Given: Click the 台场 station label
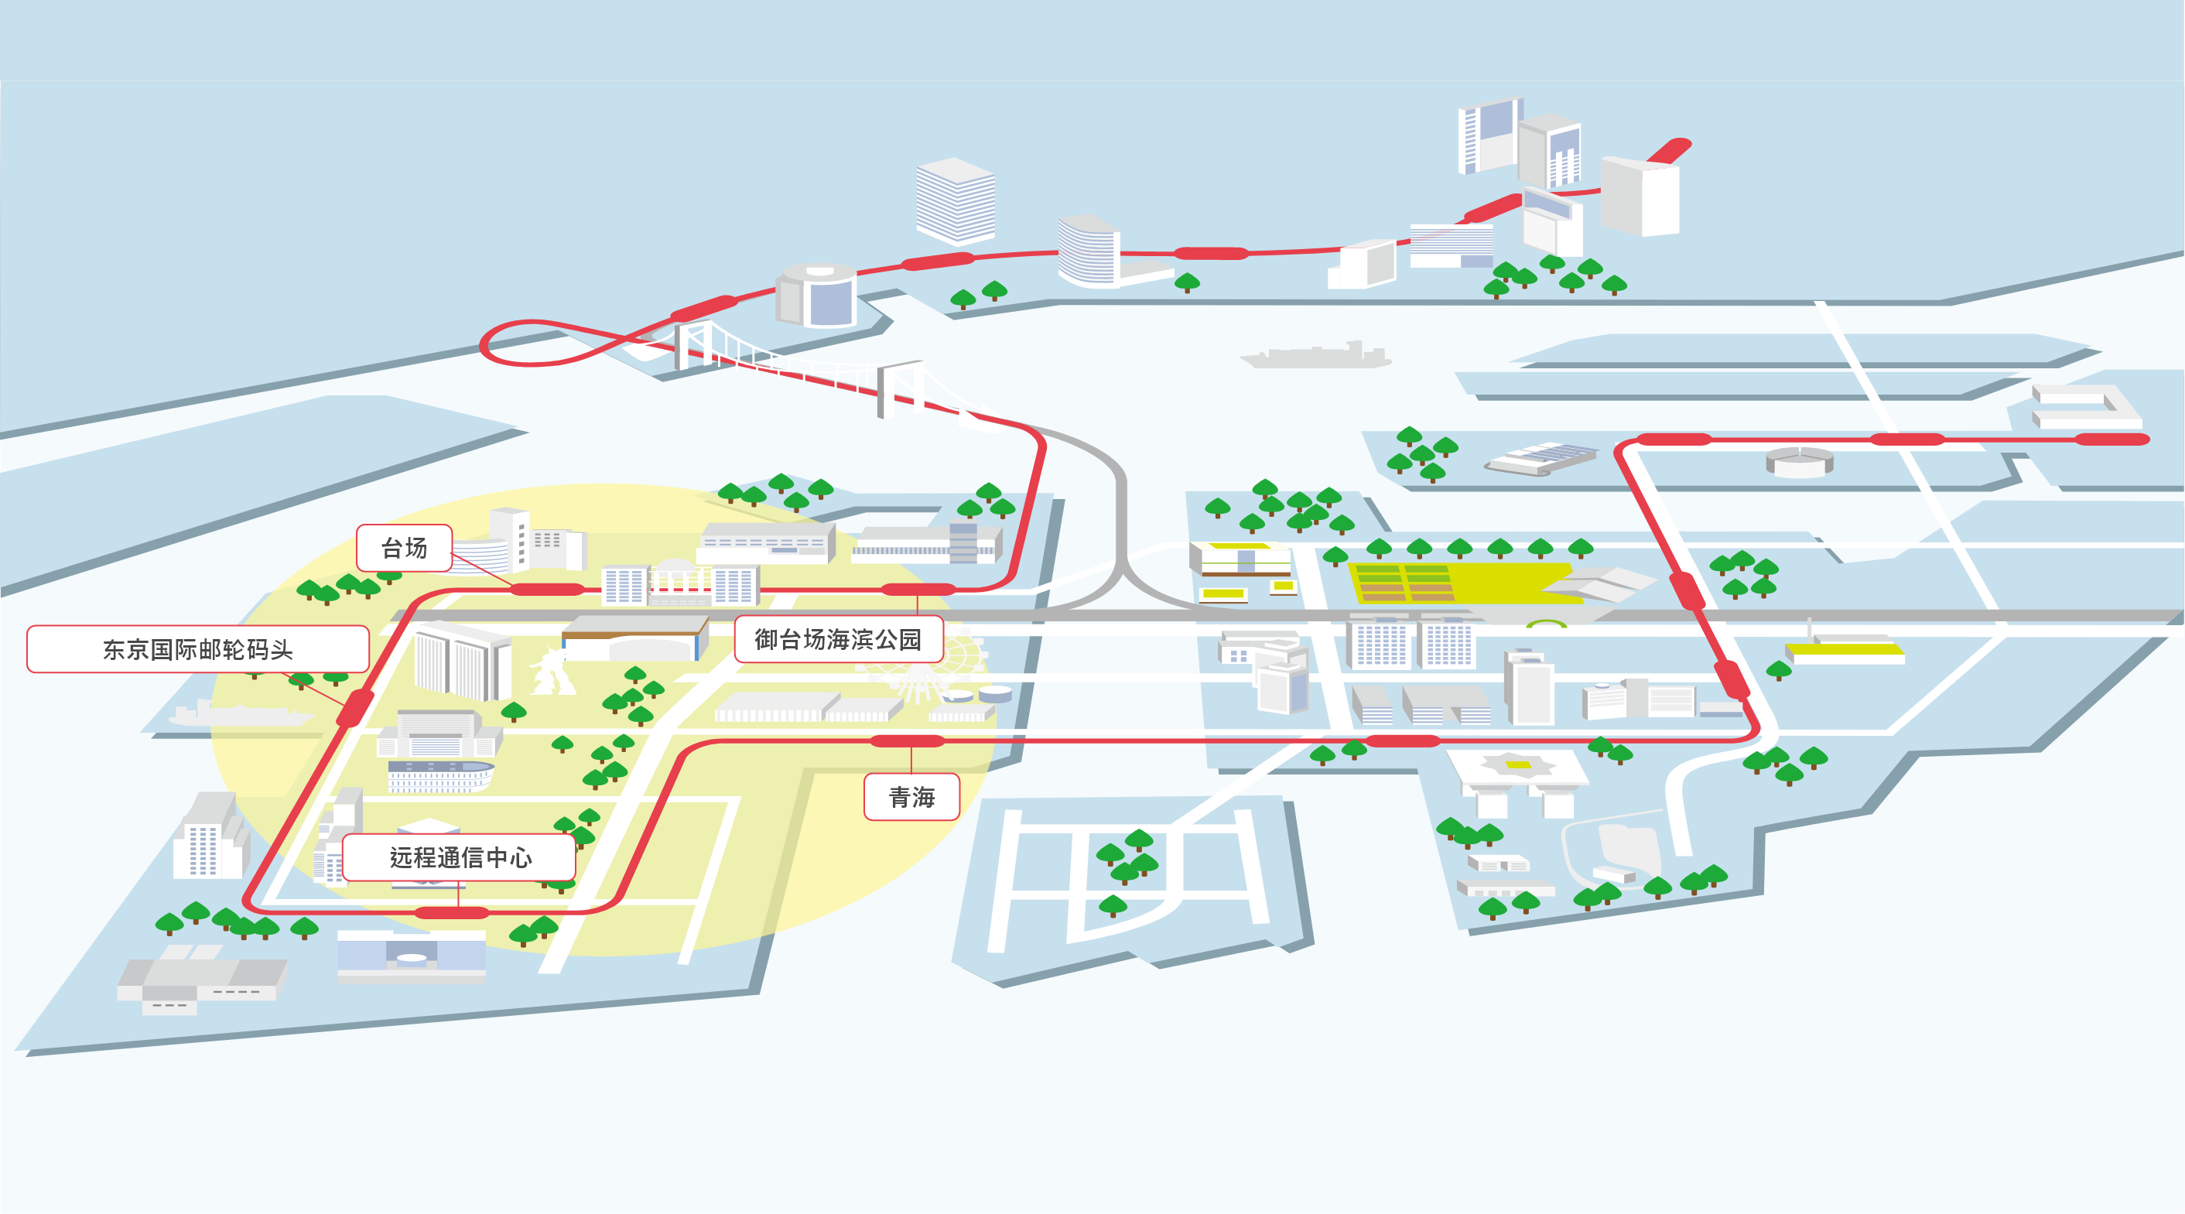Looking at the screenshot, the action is coord(404,548).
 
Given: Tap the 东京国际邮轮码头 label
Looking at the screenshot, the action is coord(197,649).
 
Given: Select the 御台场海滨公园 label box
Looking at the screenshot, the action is coord(838,639).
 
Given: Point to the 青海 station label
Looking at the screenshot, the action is coord(911,797).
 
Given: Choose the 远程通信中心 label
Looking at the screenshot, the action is coord(459,857).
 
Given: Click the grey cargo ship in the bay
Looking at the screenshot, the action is coord(1315,354).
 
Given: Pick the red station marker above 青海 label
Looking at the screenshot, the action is coord(908,740).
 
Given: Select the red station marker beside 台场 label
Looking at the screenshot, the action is coord(547,589).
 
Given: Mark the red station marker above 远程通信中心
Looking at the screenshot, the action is coord(452,913).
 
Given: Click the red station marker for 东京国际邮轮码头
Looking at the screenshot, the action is coord(354,707).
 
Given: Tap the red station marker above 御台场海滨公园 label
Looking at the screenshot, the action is coord(918,589).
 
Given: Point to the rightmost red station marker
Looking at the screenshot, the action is coord(2112,439).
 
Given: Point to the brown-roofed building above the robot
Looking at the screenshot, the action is coord(634,638).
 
